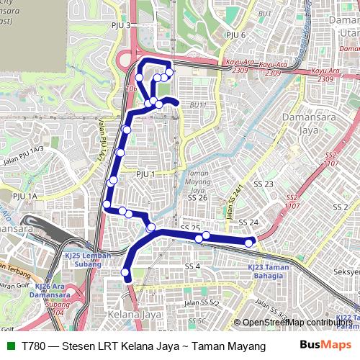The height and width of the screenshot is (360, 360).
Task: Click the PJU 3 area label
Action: coord(118,25)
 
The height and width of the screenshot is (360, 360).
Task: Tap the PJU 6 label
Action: coord(236,35)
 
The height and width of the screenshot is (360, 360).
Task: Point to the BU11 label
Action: coord(198,105)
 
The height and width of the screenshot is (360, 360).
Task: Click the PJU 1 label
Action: coord(145,174)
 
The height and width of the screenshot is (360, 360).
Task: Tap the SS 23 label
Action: coord(264,184)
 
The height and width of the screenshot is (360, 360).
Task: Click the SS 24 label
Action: coord(248,222)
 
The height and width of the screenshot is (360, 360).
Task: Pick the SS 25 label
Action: coord(190,228)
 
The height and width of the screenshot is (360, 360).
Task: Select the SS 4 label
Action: coord(192,266)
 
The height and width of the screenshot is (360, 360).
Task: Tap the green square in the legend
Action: coord(10,346)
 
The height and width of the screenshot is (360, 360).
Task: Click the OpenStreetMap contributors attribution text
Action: coord(298,323)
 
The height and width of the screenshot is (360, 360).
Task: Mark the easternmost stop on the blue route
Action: coord(249,243)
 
